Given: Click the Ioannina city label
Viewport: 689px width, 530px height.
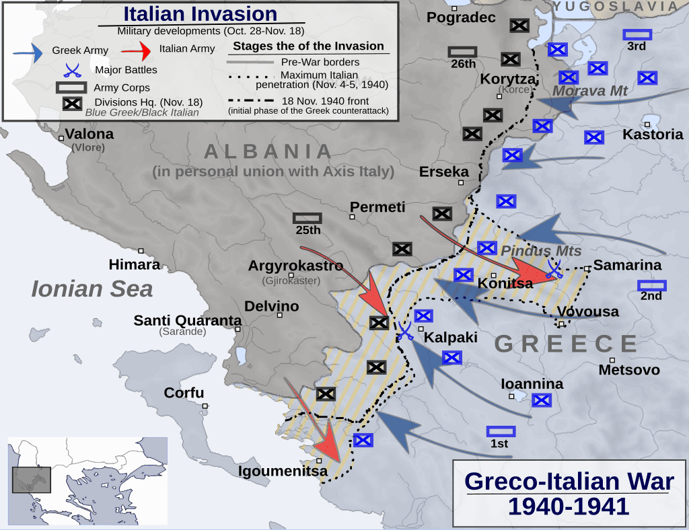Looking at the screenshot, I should coord(532,384).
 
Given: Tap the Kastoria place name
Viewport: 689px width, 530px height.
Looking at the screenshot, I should coord(653,134).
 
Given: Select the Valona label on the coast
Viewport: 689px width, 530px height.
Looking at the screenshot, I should coord(89,134).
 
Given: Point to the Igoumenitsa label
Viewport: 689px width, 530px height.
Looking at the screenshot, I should coord(283,471).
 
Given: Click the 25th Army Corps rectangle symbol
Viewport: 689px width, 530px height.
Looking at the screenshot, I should coord(307,218).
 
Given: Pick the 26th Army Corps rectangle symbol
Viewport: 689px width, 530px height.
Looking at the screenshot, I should coord(462,51).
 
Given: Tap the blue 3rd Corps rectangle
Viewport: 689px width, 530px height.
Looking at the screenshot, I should coord(637,34).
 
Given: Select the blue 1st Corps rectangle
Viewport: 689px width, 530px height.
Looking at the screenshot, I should coord(501,431).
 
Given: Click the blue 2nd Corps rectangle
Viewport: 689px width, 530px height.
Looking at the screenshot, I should coord(651,285).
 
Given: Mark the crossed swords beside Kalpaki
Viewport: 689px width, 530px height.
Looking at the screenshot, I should coord(405,330).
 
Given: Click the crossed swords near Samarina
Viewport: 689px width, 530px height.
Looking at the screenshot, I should coord(554,268).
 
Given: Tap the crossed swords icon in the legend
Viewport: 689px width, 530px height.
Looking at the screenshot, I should coord(73,69).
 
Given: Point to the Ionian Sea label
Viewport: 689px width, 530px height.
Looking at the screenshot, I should coord(92,289).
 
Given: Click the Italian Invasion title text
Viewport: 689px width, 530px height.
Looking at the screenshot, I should coord(200,14).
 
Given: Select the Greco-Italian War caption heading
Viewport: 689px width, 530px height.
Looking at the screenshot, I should coord(569,482).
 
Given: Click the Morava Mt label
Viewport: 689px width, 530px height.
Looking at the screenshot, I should coord(590,91).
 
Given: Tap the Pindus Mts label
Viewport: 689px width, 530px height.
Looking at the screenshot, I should coord(532,251).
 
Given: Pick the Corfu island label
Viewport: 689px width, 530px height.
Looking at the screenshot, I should coord(184,393).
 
